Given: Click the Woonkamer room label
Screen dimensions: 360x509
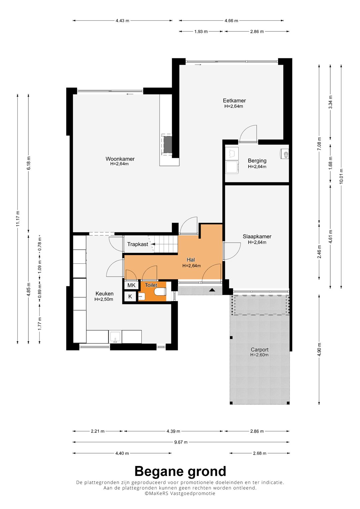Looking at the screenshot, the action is coord(120,159).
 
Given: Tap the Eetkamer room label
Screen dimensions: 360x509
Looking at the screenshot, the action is coord(234,100).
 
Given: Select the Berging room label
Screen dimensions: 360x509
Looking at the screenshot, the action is coord(257,161).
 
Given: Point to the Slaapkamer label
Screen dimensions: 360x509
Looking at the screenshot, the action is coord(257,236).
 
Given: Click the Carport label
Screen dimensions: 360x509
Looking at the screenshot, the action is coord(259,349).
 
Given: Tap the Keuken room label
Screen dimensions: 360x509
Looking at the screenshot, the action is coord(104,294).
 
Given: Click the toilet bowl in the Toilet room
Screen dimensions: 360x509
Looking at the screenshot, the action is coord(160,292).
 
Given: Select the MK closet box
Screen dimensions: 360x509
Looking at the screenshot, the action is coord(131,285).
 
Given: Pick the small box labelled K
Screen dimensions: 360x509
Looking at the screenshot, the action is coord(130,296).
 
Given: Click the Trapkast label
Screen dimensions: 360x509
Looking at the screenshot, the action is coord(137,244).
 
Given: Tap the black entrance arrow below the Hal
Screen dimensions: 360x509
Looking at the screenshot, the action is coord(212,290).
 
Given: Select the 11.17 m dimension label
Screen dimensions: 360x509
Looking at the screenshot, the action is coord(18,218).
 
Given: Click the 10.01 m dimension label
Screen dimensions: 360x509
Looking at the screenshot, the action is coord(341,176).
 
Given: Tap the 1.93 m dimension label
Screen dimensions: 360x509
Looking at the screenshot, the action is coord(201,32).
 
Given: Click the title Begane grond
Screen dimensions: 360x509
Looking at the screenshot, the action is coord(180,471).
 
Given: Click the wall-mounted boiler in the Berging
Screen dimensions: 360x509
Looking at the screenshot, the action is coord(284,154).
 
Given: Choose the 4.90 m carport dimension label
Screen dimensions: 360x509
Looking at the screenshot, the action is coord(319,350).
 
